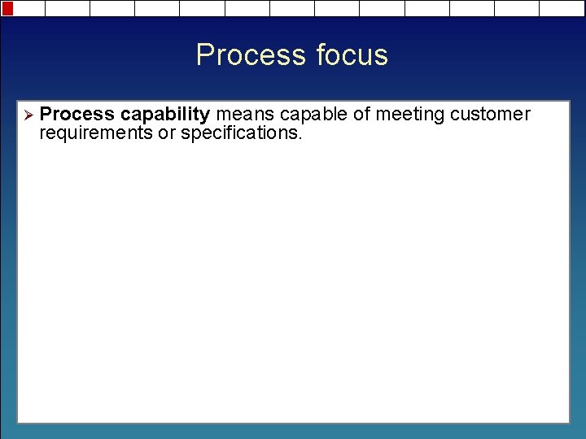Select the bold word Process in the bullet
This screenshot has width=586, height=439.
tap(77, 115)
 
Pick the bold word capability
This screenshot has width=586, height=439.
tap(165, 115)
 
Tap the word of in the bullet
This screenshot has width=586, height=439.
tap(361, 115)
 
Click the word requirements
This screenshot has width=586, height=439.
tap(96, 133)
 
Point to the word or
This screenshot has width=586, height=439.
tap(166, 133)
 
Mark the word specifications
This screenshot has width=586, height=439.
tap(238, 133)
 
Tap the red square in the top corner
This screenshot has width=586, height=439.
tap(8, 8)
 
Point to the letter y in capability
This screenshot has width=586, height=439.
tap(205, 116)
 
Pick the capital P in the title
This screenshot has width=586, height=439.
tap(205, 55)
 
